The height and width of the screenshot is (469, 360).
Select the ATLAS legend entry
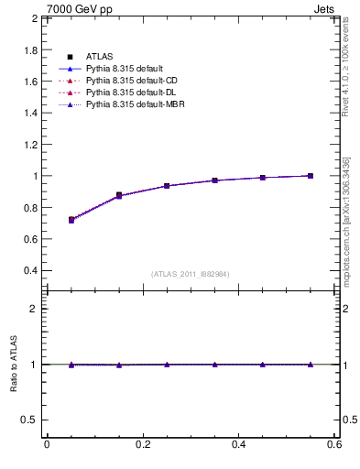tap(100, 58)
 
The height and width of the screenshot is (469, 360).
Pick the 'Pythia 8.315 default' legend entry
tap(124, 70)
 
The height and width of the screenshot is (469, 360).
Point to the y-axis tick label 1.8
tap(30, 49)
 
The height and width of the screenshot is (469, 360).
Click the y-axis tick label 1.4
tap(30, 113)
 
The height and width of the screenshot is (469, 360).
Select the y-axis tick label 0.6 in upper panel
tap(30, 239)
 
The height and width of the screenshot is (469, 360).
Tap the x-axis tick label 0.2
tap(142, 444)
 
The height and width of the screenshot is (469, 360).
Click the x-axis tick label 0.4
tap(238, 444)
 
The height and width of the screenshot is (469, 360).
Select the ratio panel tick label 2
tap(36, 309)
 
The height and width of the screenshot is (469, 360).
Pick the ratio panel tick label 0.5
tap(30, 420)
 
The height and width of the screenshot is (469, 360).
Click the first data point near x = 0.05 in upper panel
tap(71, 220)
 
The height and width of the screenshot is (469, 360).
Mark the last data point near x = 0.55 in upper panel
tap(311, 176)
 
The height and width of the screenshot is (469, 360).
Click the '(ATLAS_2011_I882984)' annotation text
tap(191, 274)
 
